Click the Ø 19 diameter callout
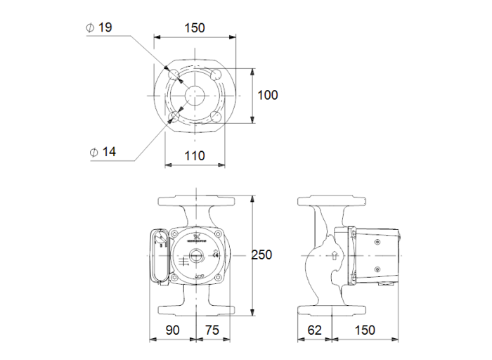tap(98, 28)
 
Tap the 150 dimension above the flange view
tap(194, 28)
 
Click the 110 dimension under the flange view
tap(194, 155)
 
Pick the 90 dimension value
tap(171, 330)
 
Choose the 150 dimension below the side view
tap(364, 330)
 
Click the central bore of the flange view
tap(195, 95)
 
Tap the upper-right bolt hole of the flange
tap(216, 75)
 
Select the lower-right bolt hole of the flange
tap(216, 117)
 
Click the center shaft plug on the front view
tap(195, 257)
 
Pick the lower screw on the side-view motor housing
tap(377, 269)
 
